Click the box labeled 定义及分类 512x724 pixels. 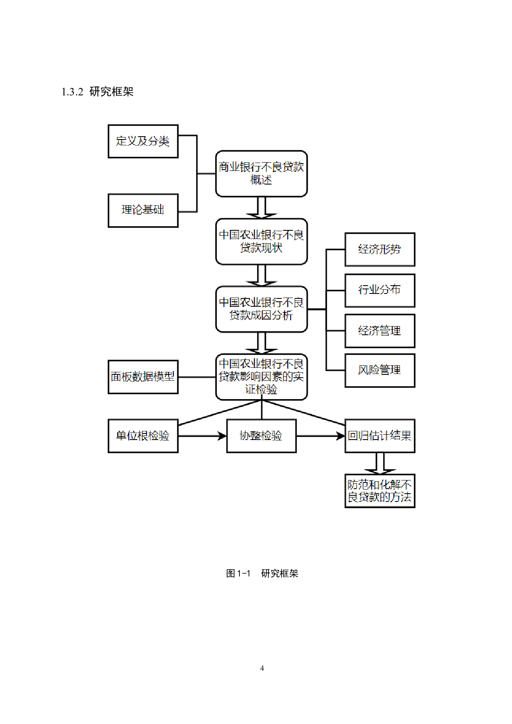coord(143,141)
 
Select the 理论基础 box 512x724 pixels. coord(143,210)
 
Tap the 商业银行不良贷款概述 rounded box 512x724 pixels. coord(261,173)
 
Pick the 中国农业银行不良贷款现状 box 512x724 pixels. coord(261,241)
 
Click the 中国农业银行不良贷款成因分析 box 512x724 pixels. coord(261,309)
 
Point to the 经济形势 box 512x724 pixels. coord(379,249)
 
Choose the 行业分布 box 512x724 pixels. coord(379,290)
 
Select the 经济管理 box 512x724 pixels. coord(379,331)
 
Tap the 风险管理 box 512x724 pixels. coord(379,370)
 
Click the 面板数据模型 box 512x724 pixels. coord(143,377)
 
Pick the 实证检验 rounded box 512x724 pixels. coord(261,377)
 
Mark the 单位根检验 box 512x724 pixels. coord(143,436)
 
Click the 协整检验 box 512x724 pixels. coord(261,436)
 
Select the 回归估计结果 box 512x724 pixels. coord(379,436)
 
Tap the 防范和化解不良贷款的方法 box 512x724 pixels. coord(379,491)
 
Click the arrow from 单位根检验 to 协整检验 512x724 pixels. coord(202,436)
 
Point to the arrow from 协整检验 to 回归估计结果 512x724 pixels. coord(320,436)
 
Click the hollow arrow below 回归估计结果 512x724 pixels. coord(380,464)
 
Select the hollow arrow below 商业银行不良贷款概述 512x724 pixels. coord(261,208)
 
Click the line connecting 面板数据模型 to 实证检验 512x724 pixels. coord(197,377)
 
